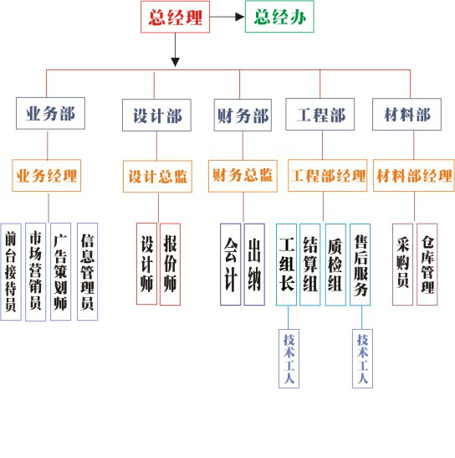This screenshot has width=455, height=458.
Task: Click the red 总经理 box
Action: coord(175,17)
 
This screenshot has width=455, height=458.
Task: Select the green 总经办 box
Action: coord(279,17)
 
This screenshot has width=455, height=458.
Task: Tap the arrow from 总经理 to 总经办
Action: coord(227,17)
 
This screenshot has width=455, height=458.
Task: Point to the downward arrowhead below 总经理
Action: coord(175,62)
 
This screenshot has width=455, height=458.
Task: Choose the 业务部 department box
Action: coord(50,113)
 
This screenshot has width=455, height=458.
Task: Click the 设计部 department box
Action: coord(156,115)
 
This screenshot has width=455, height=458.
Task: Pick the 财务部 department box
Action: coord(243,115)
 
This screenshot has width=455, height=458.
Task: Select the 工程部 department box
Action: coord(320,114)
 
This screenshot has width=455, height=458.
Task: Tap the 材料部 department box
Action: coord(406,114)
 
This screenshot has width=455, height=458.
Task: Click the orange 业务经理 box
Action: coord(46,176)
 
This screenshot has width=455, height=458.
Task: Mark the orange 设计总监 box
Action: coord(157,177)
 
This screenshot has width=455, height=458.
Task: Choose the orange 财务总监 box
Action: coord(243,176)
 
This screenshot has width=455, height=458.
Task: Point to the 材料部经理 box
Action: coord(414,176)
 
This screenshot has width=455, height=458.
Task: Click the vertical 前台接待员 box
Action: coord(11,272)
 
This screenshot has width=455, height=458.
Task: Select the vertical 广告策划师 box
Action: coord(61,272)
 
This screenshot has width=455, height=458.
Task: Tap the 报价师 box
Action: coord(170,265)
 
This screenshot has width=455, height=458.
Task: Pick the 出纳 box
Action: coord(254,265)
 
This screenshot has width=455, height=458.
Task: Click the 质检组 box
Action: coord(335,265)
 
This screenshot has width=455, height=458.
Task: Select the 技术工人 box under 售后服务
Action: coord(362,358)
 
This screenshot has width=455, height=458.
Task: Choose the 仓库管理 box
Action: coord(427,265)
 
